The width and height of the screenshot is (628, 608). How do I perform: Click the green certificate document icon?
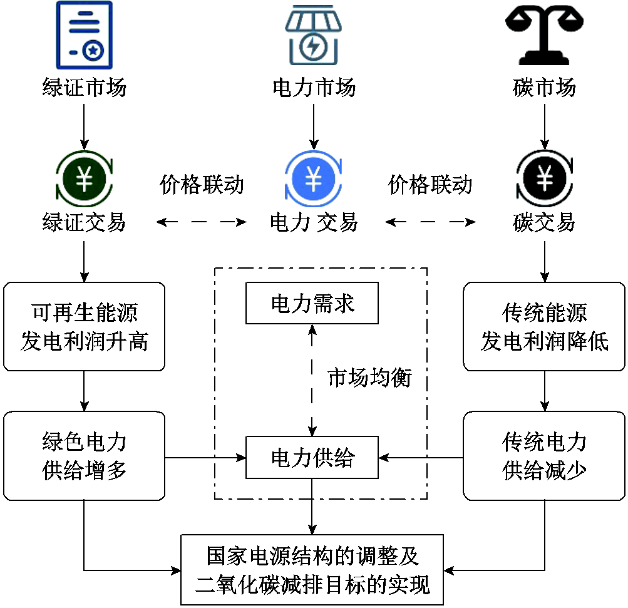point(85,35)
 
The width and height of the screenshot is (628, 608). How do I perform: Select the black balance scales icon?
point(544,35)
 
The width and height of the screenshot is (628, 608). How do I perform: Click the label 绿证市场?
point(85,87)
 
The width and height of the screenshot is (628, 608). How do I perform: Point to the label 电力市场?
point(314,87)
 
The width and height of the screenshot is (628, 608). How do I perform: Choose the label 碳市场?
point(544,87)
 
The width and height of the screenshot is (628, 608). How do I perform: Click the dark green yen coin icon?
point(85,180)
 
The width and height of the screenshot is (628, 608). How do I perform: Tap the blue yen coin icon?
point(313,180)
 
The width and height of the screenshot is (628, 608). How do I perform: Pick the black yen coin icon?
point(544,180)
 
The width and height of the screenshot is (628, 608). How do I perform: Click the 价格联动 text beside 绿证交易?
point(202,185)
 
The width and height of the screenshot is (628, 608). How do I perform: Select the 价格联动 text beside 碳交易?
point(430,185)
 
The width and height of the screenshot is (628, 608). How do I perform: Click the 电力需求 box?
point(312,304)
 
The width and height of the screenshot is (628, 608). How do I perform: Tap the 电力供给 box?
point(312,458)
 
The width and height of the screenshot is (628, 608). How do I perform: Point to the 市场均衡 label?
point(369,378)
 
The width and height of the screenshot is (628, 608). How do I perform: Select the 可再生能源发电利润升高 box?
point(85,326)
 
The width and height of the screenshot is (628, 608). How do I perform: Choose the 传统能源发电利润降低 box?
point(544,326)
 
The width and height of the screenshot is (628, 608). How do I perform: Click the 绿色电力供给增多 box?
point(85,456)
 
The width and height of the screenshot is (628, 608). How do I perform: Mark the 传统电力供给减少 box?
point(544,456)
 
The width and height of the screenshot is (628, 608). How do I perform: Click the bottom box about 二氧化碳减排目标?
point(312,570)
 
